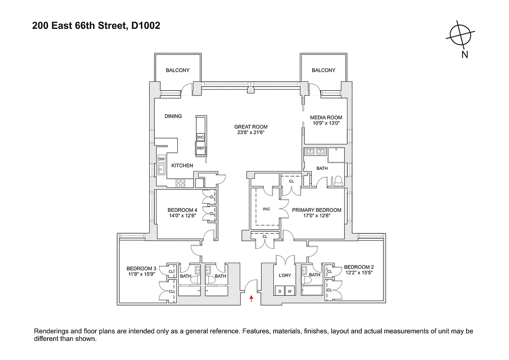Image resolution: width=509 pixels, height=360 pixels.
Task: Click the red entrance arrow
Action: click(251, 298)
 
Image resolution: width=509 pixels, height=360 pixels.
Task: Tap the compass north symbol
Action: click(460, 36)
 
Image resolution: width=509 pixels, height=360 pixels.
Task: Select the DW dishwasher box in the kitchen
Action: click(162, 159)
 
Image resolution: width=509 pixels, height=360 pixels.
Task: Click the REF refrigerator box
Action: click(200, 148)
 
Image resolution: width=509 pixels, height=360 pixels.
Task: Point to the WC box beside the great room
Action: click(200, 137)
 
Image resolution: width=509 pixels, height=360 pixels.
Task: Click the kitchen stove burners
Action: click(180, 183)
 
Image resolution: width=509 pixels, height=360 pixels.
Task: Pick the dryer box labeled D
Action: click(280, 291)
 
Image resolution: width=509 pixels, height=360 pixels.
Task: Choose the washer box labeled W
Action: click(290, 291)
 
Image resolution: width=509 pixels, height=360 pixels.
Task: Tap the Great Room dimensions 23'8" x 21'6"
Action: click(251, 132)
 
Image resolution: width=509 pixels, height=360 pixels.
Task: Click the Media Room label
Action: click(326, 117)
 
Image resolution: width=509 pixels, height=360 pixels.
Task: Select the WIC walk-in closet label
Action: click(266, 209)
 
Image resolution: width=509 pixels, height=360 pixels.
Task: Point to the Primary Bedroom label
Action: click(316, 210)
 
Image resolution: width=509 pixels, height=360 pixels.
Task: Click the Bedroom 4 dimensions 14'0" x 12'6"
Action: click(182, 216)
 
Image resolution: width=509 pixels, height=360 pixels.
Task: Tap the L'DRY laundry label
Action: click(285, 276)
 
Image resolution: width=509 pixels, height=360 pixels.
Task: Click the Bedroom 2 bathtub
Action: click(312, 291)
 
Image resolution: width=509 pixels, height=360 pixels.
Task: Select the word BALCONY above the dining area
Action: click(178, 70)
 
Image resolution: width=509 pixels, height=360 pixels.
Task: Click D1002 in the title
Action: click(145, 25)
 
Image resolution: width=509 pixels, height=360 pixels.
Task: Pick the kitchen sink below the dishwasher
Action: click(162, 169)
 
